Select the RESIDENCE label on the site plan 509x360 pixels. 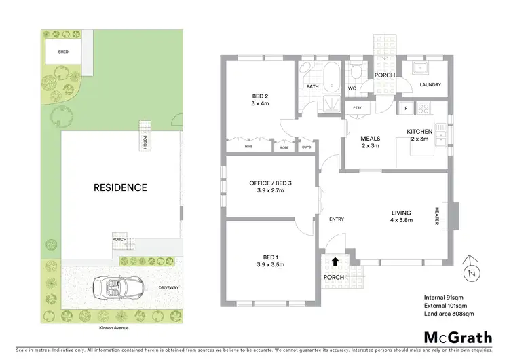[x=120, y=187]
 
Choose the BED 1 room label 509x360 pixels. [x=269, y=260]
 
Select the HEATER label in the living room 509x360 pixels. [x=438, y=217]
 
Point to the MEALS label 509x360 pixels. [x=370, y=141]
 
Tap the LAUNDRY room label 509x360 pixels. [x=430, y=85]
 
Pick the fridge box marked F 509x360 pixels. [x=405, y=109]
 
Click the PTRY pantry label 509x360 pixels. [x=356, y=108]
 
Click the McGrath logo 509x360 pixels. [x=457, y=337]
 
